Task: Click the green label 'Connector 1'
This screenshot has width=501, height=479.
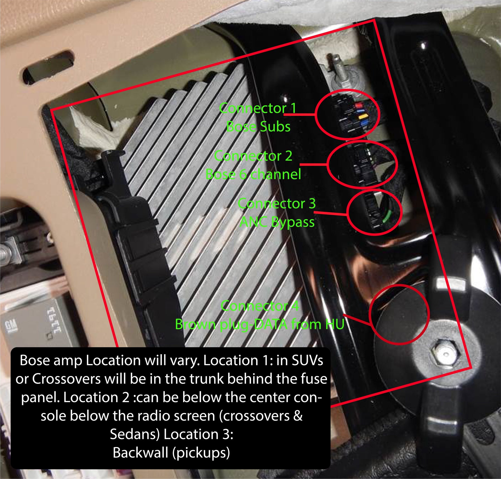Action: click(x=258, y=108)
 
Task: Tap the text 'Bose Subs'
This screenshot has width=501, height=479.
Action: click(x=258, y=127)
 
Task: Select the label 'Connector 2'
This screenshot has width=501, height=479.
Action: click(x=253, y=156)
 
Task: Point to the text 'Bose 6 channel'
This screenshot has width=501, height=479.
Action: click(x=253, y=175)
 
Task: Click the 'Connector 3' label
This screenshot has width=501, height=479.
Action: click(x=277, y=204)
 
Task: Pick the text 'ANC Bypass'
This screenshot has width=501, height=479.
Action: click(x=277, y=222)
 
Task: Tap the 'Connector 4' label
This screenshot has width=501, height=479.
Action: click(x=260, y=306)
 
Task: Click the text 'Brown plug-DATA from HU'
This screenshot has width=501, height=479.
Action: click(x=260, y=324)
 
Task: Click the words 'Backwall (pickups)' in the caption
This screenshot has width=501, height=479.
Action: click(x=171, y=453)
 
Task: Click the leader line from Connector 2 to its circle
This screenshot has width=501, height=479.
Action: click(x=313, y=165)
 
